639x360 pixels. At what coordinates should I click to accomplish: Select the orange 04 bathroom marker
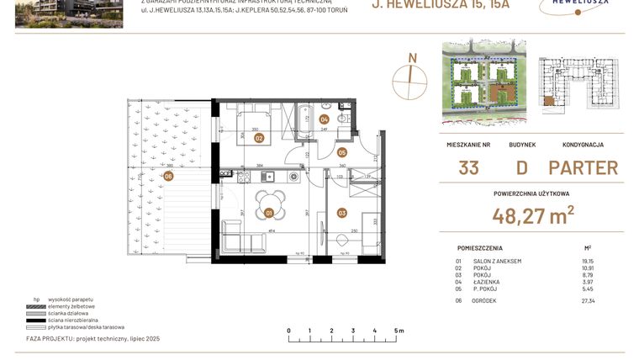point(324,119)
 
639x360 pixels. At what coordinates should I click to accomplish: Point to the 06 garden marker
point(168,176)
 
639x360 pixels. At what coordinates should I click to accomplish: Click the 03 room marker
point(342,213)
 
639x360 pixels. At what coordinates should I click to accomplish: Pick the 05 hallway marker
point(342,152)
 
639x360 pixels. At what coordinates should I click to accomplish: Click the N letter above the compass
point(411,58)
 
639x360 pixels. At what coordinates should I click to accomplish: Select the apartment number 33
point(469,167)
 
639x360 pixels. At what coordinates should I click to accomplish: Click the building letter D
point(522,167)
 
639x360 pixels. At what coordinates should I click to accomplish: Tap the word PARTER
point(583,167)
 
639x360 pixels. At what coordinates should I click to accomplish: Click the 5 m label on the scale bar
point(399,331)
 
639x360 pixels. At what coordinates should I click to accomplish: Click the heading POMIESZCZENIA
point(480,248)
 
